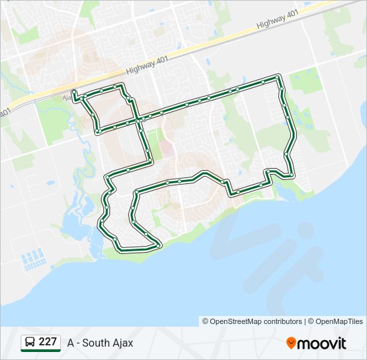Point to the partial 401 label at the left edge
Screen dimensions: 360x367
(5, 113)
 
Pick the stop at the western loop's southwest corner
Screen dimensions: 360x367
(98, 132)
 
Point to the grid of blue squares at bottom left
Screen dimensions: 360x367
(33, 259)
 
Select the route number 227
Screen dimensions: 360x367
(47, 342)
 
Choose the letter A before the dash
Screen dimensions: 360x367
(71, 343)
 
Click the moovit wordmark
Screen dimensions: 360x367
(322, 343)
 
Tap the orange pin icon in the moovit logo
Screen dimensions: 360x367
(291, 343)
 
